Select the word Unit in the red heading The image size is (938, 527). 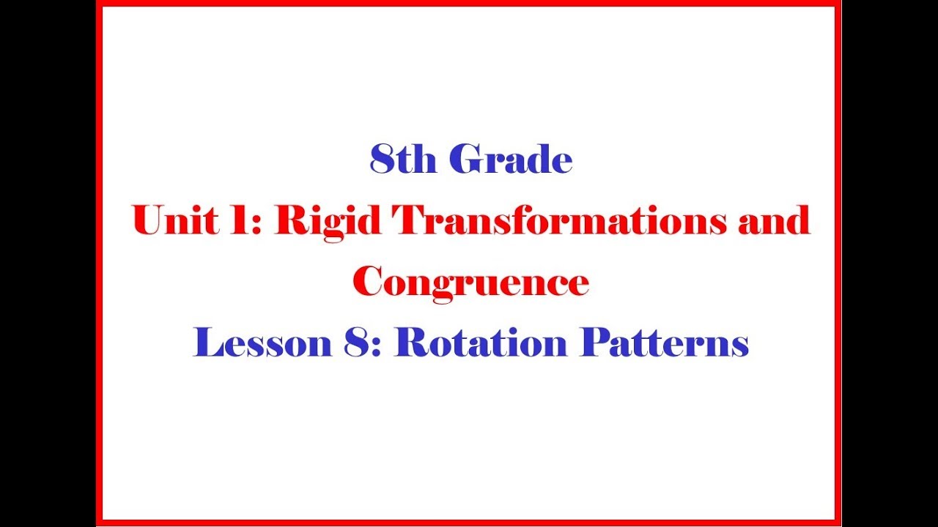click(175, 220)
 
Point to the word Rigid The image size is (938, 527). click(328, 223)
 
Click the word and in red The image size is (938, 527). click(775, 220)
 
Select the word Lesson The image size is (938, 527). click(262, 343)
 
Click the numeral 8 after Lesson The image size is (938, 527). click(356, 343)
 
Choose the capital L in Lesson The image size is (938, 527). click(207, 343)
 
